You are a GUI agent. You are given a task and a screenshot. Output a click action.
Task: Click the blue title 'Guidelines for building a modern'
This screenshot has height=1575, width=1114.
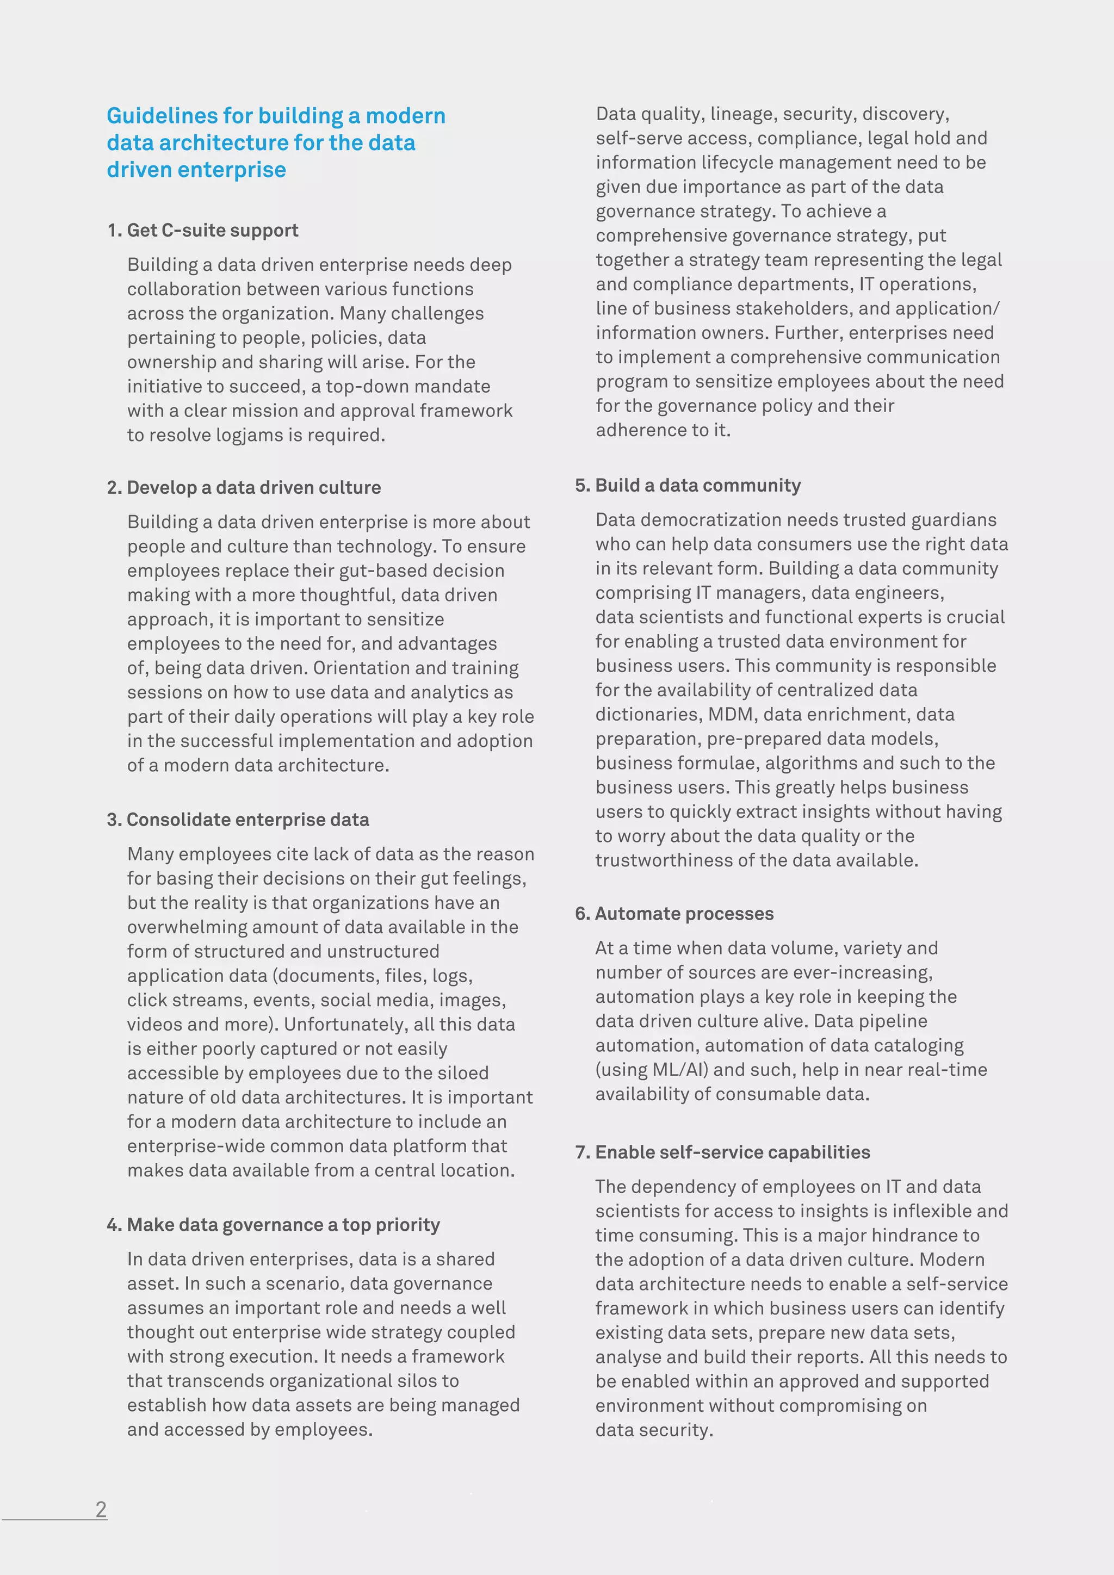276,116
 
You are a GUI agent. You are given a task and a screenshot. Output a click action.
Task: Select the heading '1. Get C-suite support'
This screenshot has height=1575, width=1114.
202,231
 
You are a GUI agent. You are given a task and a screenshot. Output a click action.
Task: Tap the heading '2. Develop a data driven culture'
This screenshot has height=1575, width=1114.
244,488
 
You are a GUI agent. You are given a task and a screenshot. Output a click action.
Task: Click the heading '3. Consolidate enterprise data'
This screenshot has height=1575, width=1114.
238,820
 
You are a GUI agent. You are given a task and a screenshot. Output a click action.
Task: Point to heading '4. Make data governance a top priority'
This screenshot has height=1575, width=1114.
273,1225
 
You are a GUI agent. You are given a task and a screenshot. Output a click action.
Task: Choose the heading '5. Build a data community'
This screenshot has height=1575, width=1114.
688,486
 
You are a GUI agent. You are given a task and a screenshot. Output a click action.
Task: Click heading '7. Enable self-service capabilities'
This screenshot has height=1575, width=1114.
722,1152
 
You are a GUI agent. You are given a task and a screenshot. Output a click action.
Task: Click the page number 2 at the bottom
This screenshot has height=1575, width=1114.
101,1509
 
